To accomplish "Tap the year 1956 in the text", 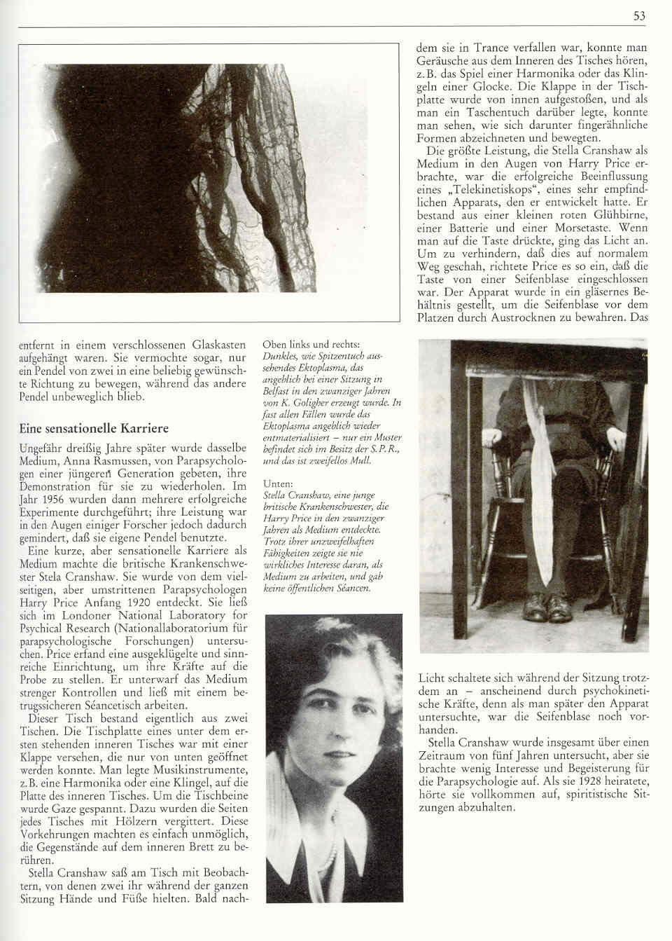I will point(59,499).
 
